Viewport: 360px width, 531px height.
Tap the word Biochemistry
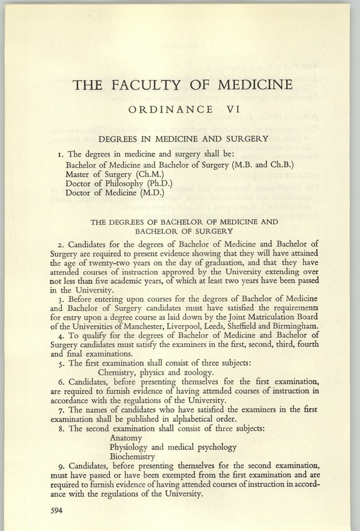point(133,456)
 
